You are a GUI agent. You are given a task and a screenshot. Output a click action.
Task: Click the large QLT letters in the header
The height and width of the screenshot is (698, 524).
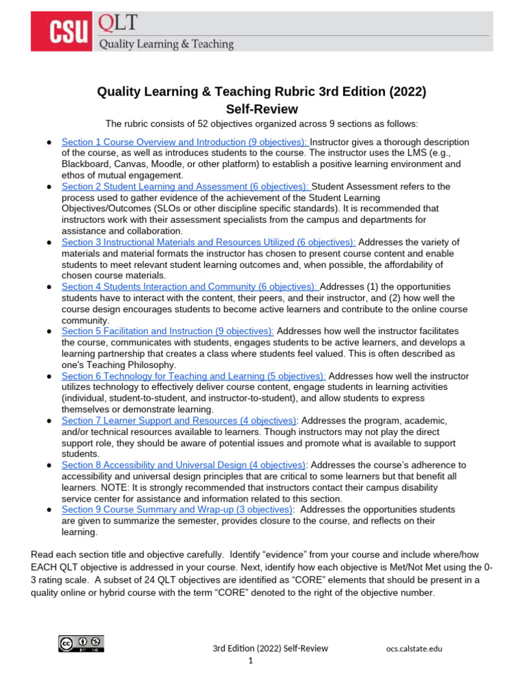click(118, 24)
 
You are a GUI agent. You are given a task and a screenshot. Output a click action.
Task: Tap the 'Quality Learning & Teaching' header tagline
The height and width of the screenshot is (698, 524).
click(166, 44)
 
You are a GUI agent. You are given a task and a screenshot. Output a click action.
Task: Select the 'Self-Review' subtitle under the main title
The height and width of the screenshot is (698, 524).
click(262, 109)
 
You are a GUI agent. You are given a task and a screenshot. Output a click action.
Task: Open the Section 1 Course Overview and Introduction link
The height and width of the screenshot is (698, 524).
click(185, 142)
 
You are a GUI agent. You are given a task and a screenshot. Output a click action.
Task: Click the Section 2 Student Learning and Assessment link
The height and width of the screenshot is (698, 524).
click(185, 186)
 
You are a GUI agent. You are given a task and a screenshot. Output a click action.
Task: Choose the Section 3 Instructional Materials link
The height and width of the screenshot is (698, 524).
click(208, 242)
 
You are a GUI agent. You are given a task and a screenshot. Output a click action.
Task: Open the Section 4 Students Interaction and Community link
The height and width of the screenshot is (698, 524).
click(190, 287)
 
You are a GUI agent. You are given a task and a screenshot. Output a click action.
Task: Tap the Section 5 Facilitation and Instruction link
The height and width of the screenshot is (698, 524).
click(168, 331)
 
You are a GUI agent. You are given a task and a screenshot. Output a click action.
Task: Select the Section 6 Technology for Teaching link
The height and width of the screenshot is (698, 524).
click(193, 376)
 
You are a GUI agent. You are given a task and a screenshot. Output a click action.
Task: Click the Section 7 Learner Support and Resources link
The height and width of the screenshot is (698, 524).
click(179, 421)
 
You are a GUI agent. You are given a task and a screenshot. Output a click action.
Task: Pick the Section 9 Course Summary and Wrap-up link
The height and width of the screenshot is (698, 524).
click(177, 509)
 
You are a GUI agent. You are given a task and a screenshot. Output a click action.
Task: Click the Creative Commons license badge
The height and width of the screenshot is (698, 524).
click(81, 644)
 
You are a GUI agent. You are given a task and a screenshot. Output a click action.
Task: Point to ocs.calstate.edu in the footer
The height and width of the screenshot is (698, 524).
click(413, 648)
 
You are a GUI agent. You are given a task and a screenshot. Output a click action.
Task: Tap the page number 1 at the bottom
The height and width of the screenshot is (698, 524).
click(250, 661)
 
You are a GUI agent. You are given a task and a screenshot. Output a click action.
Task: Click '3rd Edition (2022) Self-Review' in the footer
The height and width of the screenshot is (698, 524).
click(270, 648)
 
